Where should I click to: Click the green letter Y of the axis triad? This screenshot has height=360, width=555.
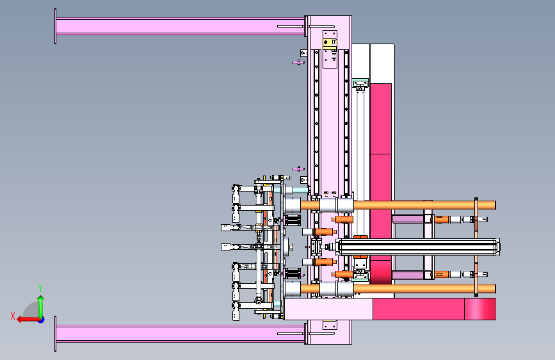coord(40,288)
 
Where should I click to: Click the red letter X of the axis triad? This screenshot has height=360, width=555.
coord(13,316)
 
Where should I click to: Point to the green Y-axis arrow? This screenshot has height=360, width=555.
coord(41,307)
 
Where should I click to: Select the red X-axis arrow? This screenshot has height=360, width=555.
coord(28,320)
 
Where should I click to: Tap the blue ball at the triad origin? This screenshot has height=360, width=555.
coord(42,320)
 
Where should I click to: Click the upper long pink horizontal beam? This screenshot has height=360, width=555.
coord(180,26)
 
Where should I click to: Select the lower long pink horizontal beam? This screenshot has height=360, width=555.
coord(180,334)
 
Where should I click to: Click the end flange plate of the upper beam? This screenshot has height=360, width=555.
coord(55,26)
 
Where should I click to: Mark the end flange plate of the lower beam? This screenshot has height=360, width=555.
coord(55,334)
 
